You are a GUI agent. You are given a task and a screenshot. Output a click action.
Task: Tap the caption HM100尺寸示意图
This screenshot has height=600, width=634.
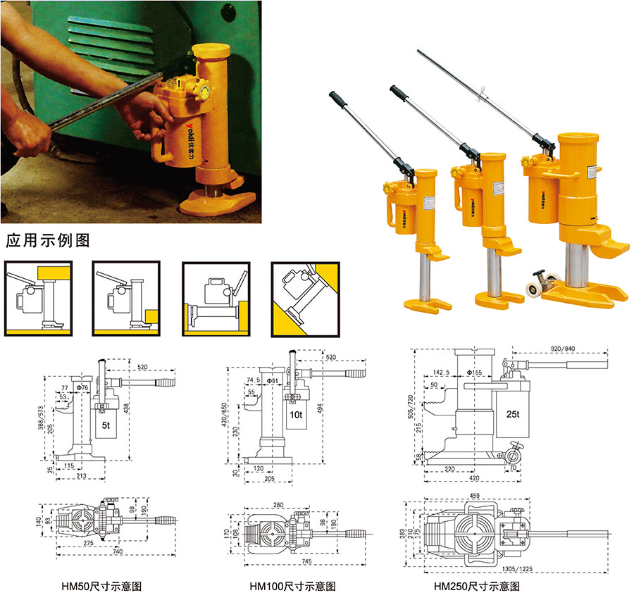click(x=292, y=586)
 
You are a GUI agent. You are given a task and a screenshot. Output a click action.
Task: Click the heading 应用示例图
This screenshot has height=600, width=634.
click(x=48, y=240)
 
